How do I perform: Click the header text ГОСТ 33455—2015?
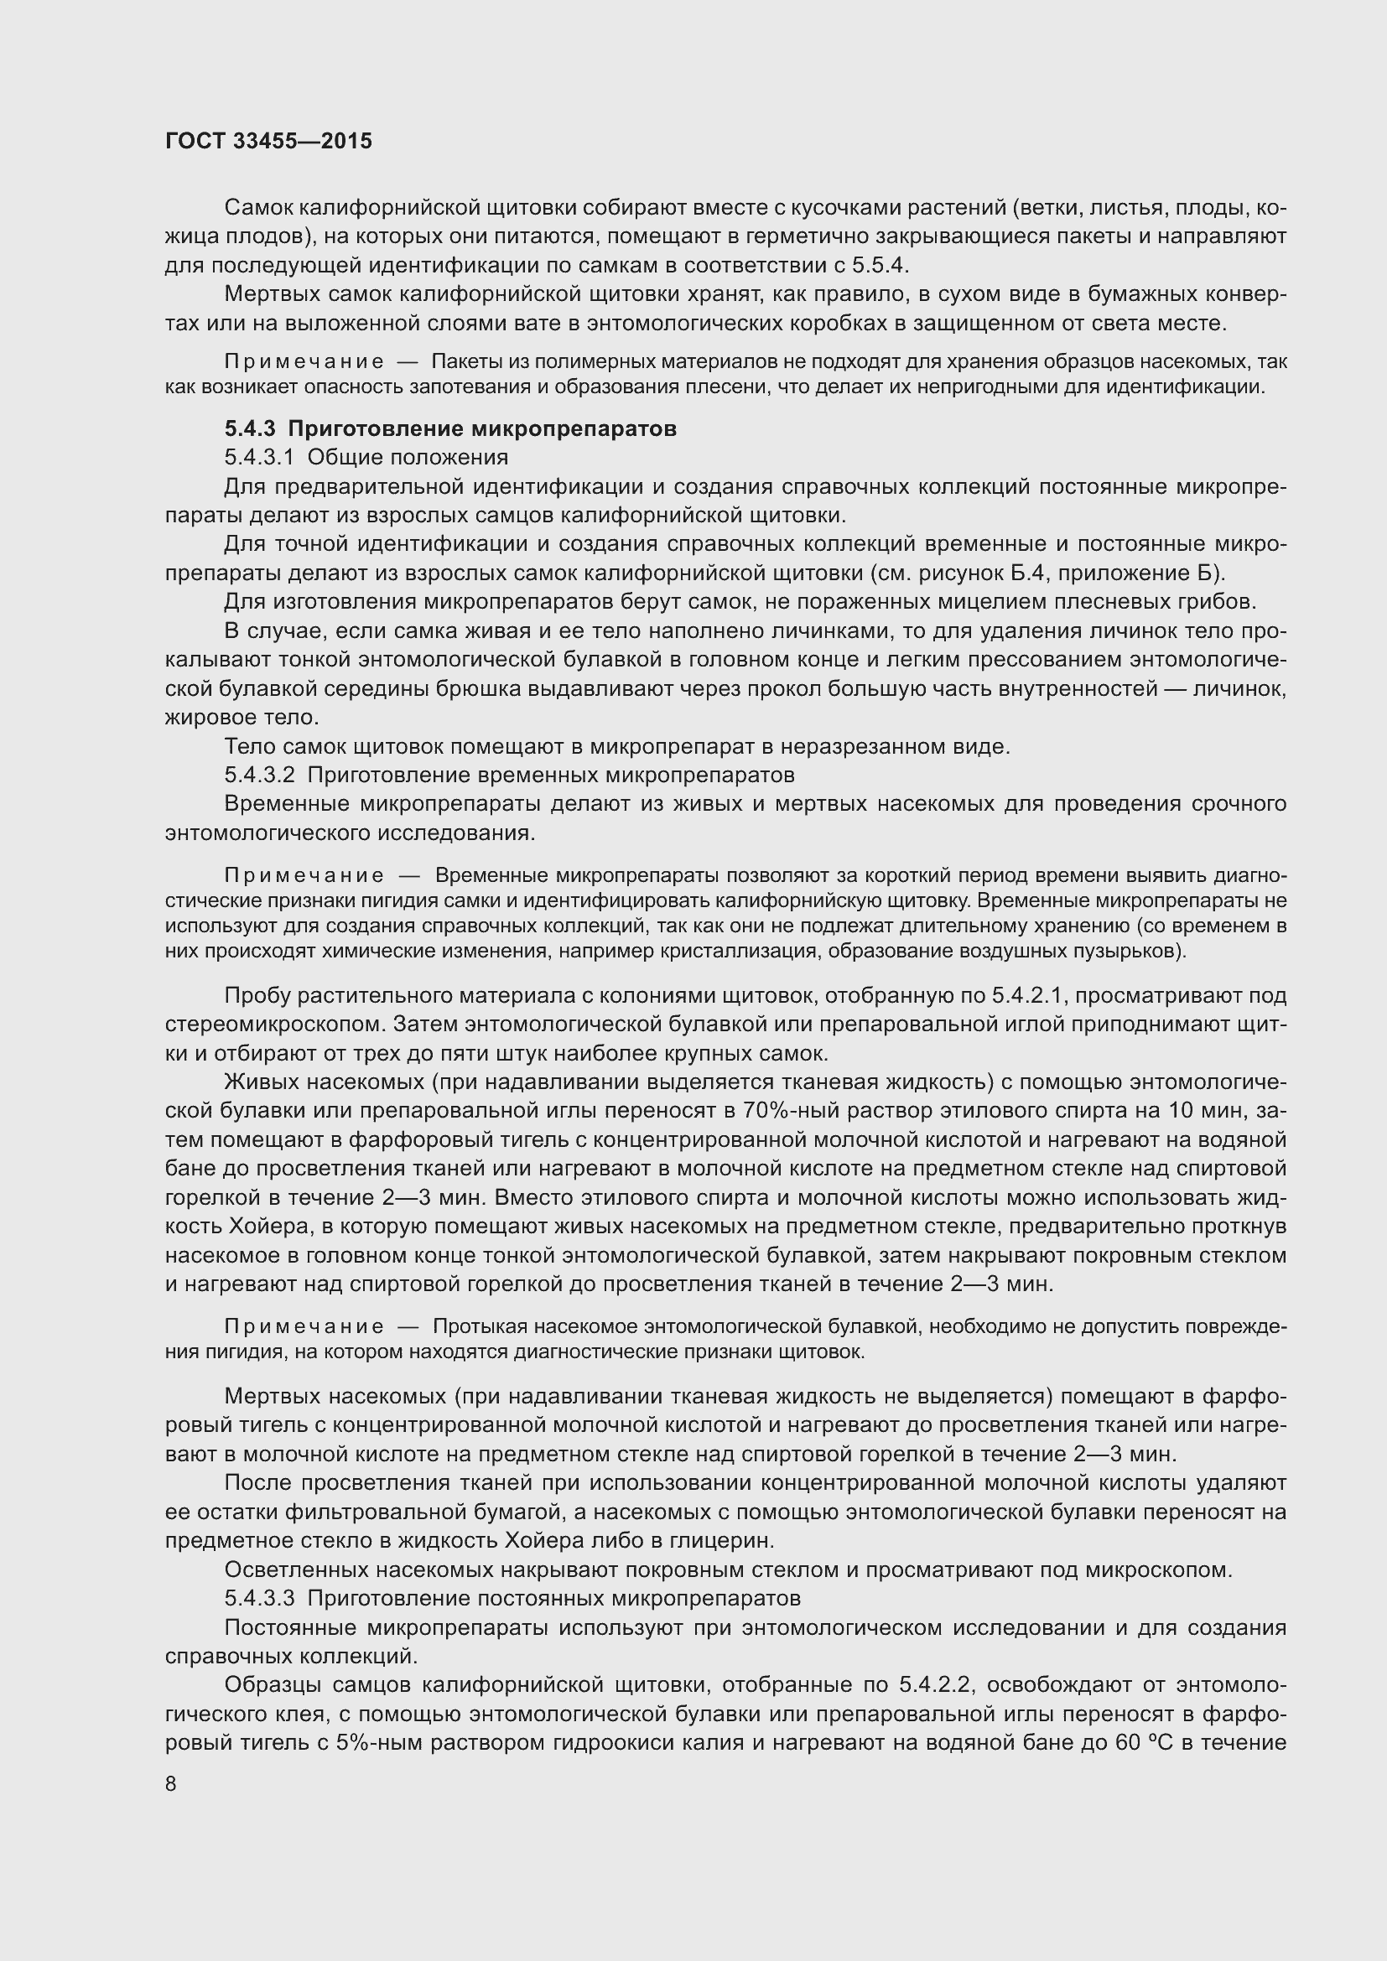click(x=268, y=141)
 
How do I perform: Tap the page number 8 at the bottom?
click(x=171, y=1783)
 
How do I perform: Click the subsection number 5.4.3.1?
click(x=259, y=457)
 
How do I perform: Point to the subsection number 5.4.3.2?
click(x=259, y=775)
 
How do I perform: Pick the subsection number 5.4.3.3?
click(x=259, y=1597)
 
